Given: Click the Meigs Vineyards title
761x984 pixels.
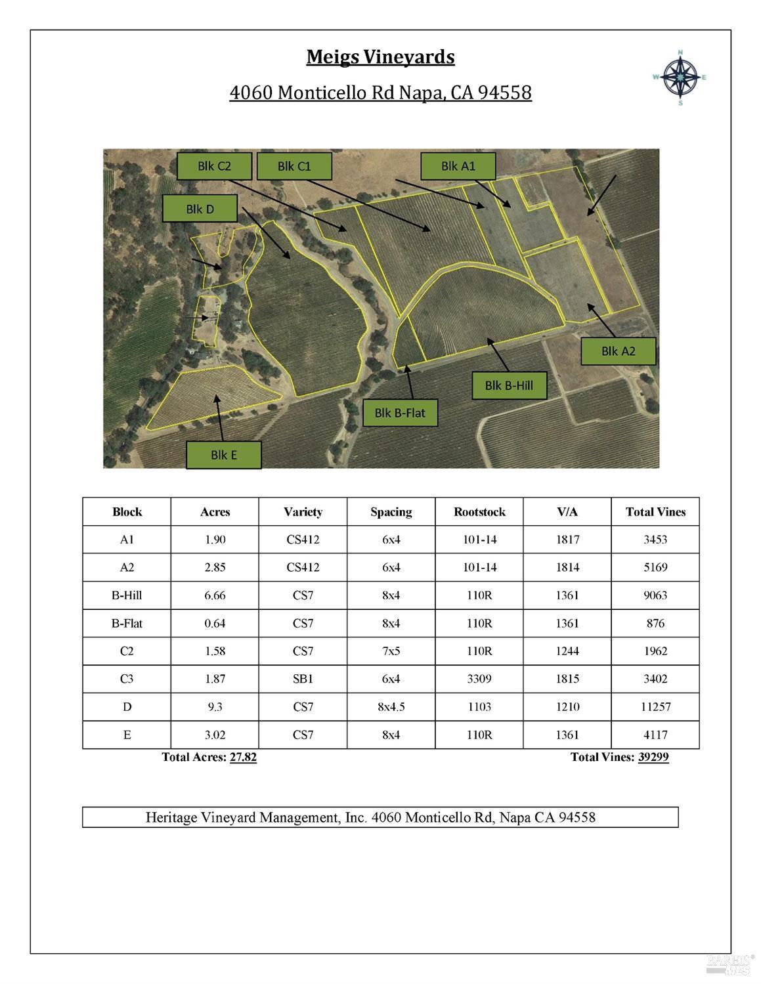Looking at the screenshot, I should [380, 57].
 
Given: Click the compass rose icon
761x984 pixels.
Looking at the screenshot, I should [680, 77].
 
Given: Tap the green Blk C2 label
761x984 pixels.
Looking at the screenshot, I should [215, 166].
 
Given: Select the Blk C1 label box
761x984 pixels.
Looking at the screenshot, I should [294, 166].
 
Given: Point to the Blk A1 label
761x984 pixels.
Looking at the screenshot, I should [458, 166].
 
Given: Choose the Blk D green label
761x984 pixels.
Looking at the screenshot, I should [200, 209].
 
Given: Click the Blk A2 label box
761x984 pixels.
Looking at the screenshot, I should [618, 351].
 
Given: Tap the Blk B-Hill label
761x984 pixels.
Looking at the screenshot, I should [509, 385].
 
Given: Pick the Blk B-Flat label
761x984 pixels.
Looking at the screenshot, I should [400, 413].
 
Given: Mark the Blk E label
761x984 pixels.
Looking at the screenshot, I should [224, 454].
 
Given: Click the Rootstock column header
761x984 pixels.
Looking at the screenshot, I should [479, 512].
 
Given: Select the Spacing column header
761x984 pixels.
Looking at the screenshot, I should [391, 512].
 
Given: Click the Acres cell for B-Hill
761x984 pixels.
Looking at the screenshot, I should [215, 595].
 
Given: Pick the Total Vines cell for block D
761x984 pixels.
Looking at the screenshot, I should [655, 707].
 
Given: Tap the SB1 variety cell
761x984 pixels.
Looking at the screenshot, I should [303, 679].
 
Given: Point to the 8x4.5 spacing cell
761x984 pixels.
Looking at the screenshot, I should [391, 707].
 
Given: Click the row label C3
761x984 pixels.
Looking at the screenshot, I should [127, 679].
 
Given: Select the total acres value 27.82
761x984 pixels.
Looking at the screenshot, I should [243, 757].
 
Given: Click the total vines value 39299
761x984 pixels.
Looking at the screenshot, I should [653, 757].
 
